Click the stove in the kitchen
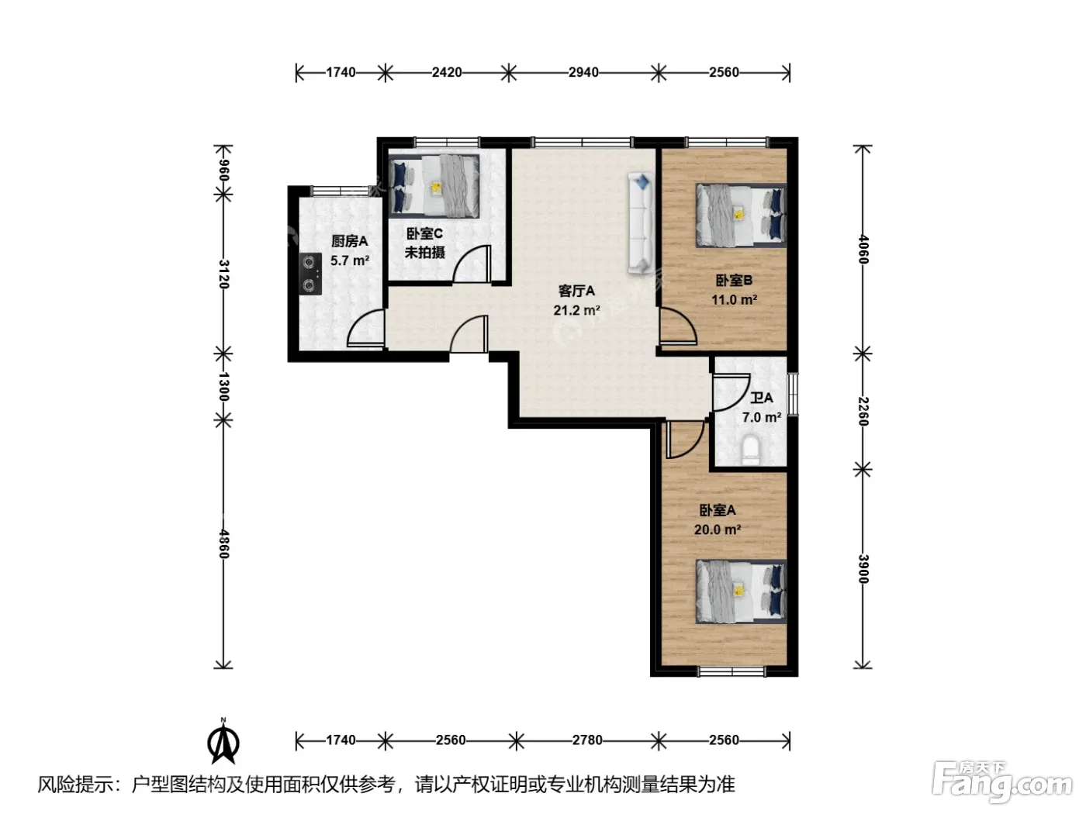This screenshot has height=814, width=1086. click(310, 274)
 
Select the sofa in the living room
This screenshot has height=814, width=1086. click(642, 223)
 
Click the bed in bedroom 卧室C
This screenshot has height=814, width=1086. click(434, 186)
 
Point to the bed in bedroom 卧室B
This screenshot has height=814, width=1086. click(741, 216)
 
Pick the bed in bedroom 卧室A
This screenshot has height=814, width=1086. click(741, 591)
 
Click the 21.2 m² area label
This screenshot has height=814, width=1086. click(577, 310)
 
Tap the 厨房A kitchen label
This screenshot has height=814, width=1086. click(349, 241)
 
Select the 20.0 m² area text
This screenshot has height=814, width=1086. click(718, 529)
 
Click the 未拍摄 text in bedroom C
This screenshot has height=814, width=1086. click(424, 253)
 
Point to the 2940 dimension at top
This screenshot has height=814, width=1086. click(583, 72)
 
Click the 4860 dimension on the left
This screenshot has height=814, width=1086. click(223, 544)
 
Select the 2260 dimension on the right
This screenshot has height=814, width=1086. click(863, 411)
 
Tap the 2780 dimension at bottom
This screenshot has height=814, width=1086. click(587, 740)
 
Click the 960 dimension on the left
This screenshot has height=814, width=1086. click(223, 171)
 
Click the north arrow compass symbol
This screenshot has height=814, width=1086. click(223, 741)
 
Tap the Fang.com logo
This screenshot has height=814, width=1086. click(1002, 782)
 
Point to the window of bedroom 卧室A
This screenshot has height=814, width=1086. click(731, 671)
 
